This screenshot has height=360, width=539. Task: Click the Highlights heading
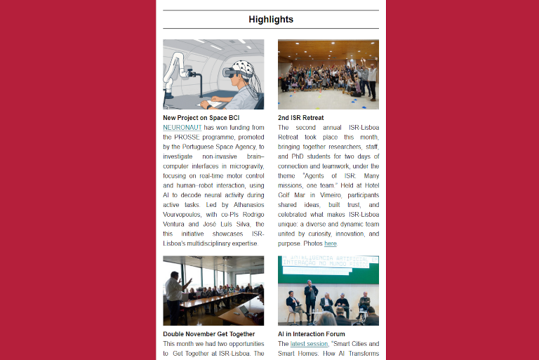tap(270, 20)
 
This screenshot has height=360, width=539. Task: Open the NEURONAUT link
tap(182, 128)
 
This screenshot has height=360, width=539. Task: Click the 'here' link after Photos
tap(330, 244)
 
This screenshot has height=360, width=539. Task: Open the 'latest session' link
tap(309, 344)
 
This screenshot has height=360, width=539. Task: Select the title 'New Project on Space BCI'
tap(201, 117)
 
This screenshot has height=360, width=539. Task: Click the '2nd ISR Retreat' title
tap(300, 117)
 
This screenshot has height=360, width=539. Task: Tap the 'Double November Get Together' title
tap(208, 334)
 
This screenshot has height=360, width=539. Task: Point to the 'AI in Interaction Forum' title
tap(312, 334)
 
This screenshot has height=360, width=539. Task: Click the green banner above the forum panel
tap(328, 269)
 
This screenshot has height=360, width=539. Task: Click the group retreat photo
tap(328, 74)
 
